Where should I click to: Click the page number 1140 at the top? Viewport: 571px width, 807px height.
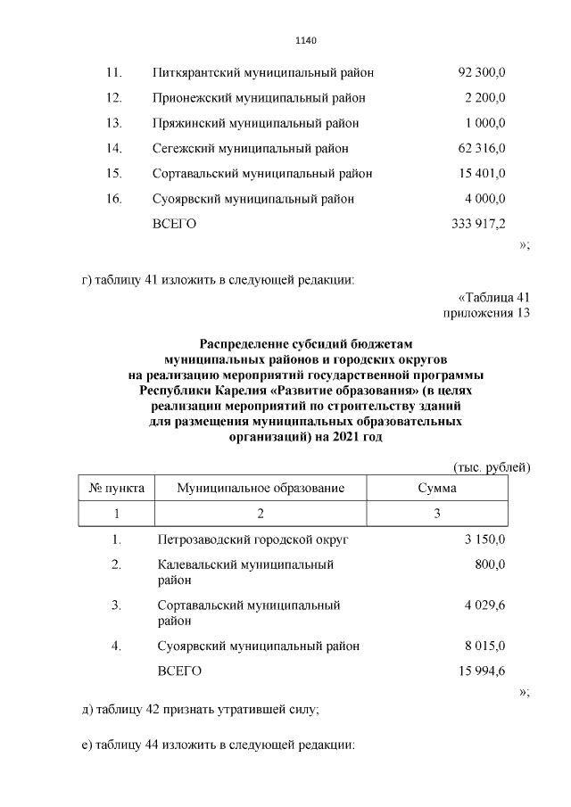pos(306,40)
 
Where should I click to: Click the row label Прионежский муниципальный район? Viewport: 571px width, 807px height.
pos(259,97)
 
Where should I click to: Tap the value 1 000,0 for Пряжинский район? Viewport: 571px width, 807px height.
pos(485,122)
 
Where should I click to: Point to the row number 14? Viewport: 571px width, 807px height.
pos(113,148)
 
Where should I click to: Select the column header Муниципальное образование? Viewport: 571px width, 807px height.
pos(261,489)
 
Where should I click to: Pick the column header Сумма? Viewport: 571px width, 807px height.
pos(437,489)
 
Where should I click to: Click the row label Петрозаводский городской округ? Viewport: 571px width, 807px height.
pos(252,540)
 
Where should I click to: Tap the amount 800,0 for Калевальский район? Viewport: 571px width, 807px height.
pos(491,564)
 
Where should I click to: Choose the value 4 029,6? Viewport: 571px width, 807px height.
pos(485,605)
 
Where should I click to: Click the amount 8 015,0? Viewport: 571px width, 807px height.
pos(485,646)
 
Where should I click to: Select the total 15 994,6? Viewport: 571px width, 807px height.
pos(483,671)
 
